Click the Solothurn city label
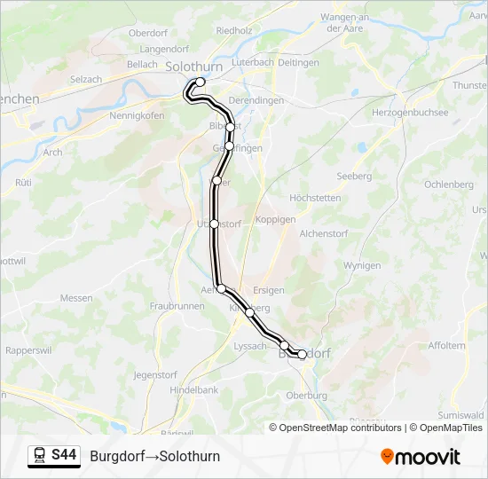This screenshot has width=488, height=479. point(193,67)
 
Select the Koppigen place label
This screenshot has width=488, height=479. point(275,219)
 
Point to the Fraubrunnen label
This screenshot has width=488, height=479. point(177,305)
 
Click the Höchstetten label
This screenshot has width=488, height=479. point(315,198)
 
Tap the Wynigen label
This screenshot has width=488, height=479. point(362,265)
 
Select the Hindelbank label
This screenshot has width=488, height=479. point(194,389)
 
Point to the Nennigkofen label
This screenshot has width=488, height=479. point(138,115)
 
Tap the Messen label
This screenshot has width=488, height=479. point(76,298)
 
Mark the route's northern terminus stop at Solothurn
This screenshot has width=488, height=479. point(200,82)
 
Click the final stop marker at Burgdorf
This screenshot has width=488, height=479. point(302,354)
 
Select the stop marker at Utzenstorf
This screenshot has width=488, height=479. point(214,224)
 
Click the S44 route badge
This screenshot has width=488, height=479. point(63,456)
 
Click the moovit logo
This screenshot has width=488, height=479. point(421,457)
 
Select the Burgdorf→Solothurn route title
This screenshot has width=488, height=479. point(155,456)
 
